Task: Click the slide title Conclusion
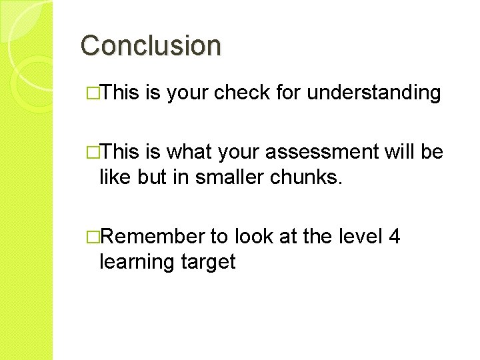click(x=151, y=46)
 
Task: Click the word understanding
click(x=374, y=93)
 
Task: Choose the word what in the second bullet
click(x=189, y=153)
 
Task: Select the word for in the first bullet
click(x=287, y=93)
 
